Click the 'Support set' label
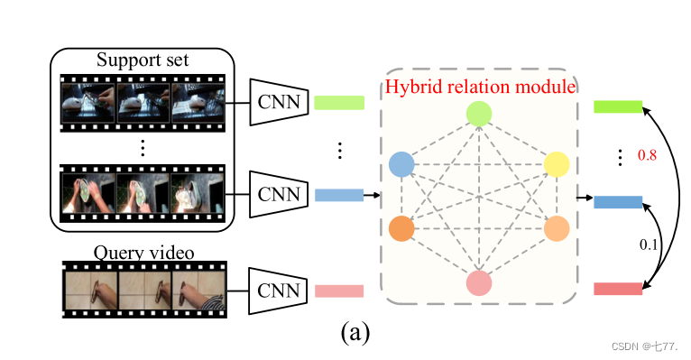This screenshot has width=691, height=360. [143, 61]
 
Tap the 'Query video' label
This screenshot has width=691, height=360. [144, 252]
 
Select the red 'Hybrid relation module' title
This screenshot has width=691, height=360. [480, 88]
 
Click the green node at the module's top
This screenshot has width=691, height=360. [479, 114]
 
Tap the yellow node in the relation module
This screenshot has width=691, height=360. [557, 164]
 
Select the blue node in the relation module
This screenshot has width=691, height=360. [401, 164]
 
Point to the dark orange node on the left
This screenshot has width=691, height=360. [401, 228]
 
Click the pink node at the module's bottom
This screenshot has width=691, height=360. [479, 283]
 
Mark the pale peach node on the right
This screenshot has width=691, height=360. [557, 228]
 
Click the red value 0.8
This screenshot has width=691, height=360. [648, 156]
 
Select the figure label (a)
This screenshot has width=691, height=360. [355, 333]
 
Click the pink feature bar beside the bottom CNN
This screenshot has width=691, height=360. [338, 291]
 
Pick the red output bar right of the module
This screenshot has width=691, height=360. [618, 289]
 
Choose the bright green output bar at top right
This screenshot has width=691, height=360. [618, 107]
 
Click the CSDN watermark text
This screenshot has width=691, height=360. [643, 346]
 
